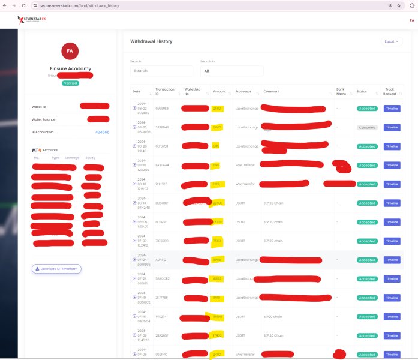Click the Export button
click(x=392, y=41)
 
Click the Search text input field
click(x=161, y=71)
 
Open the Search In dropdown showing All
click(x=231, y=71)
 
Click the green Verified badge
click(x=70, y=83)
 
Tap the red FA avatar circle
click(x=70, y=51)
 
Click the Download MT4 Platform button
click(x=57, y=269)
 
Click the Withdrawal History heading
click(x=151, y=41)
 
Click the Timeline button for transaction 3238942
click(x=392, y=128)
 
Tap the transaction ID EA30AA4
click(x=162, y=165)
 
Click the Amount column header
click(x=219, y=91)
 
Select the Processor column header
click(x=243, y=91)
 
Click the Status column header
click(x=362, y=91)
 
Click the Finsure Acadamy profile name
click(x=70, y=68)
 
